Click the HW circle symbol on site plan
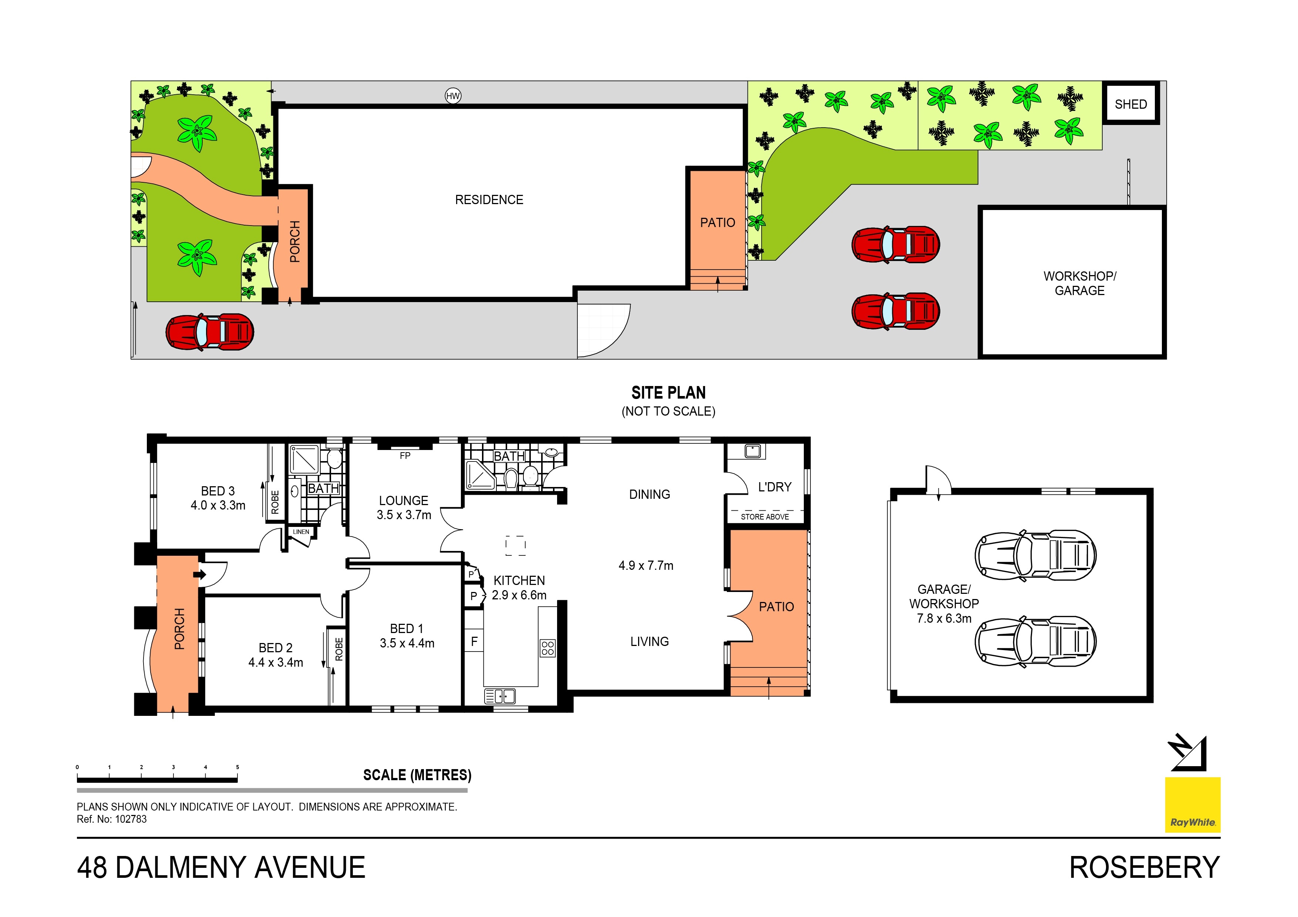pos(453,96)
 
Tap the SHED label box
pos(1131,104)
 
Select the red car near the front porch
pos(210,332)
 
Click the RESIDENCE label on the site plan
pos(489,199)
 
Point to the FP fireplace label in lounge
pos(405,456)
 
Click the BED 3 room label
pos(218,491)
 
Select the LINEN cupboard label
pos(301,532)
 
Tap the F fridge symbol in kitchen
pos(474,641)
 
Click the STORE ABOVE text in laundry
pos(764,517)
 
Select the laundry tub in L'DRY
pos(752,451)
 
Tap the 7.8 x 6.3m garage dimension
pos(944,619)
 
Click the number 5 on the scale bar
pos(237,767)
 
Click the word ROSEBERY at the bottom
pos(1144,868)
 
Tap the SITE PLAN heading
pos(668,393)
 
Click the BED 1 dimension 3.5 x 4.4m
pos(407,643)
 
